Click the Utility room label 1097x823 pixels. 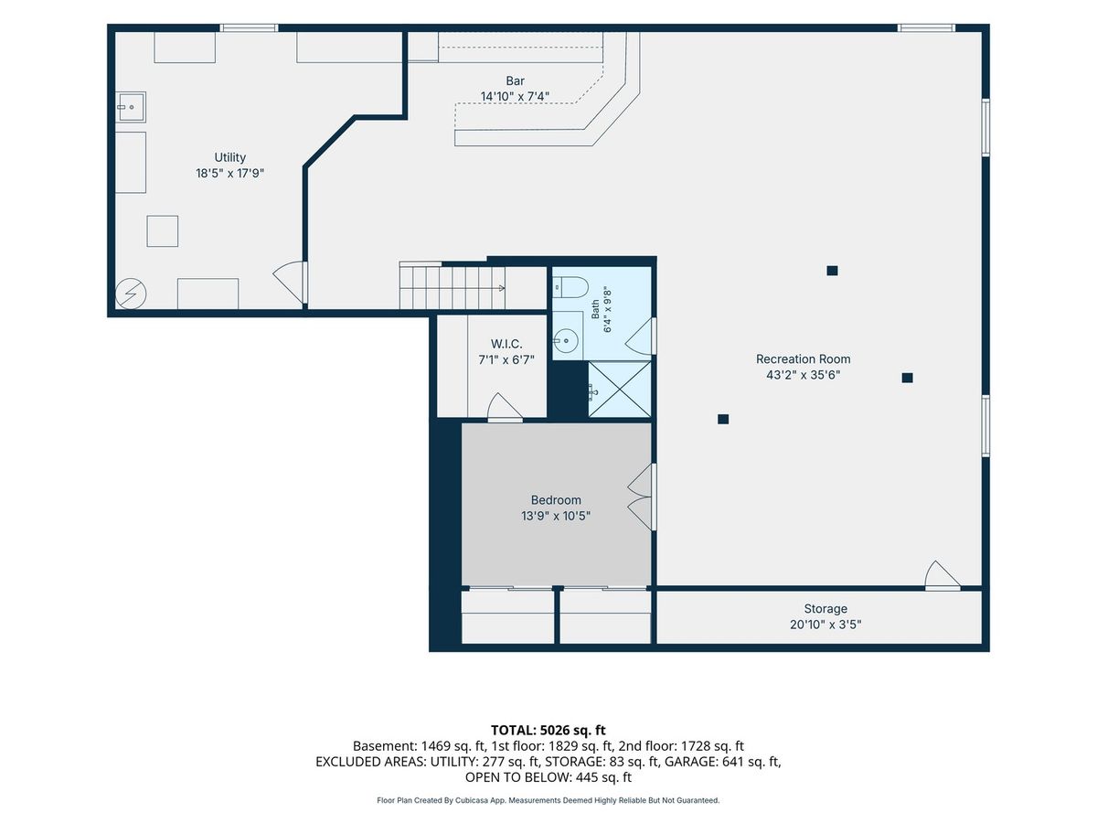pos(229,157)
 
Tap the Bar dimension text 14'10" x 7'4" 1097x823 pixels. pos(515,96)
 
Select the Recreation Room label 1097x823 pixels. pos(804,358)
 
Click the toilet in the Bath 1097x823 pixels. pos(570,287)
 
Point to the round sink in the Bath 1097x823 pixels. pos(566,341)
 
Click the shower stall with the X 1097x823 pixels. pos(620,389)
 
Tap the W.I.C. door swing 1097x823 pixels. pos(505,407)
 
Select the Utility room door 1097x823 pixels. pos(290,283)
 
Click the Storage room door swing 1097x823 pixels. pos(943,576)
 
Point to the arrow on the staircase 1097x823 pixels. pos(501,288)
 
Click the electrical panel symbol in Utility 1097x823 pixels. pos(131,294)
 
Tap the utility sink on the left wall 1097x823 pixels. pos(131,107)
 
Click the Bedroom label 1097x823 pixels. pos(556,500)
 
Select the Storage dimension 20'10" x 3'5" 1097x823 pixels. pos(825,625)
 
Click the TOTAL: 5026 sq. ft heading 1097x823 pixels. pos(548,731)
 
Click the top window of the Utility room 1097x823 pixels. pos(249,28)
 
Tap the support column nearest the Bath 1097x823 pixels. pos(723,419)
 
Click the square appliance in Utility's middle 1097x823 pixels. pos(163,231)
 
